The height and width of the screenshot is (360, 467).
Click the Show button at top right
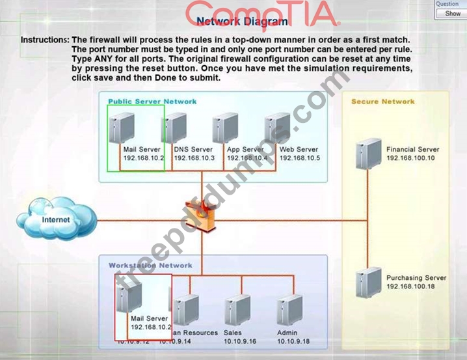point(453,13)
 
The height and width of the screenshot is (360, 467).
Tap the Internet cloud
point(55,220)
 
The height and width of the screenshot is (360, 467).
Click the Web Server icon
point(277,128)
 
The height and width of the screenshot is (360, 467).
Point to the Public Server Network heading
point(152,102)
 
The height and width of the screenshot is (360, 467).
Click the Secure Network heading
point(382,102)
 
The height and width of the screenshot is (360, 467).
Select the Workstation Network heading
point(150,266)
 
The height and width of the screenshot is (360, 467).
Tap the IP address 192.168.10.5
point(300,158)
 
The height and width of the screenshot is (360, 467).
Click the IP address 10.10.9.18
point(292,341)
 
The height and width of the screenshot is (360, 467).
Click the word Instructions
point(44,40)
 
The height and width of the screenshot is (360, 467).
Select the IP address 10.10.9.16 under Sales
point(240,341)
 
